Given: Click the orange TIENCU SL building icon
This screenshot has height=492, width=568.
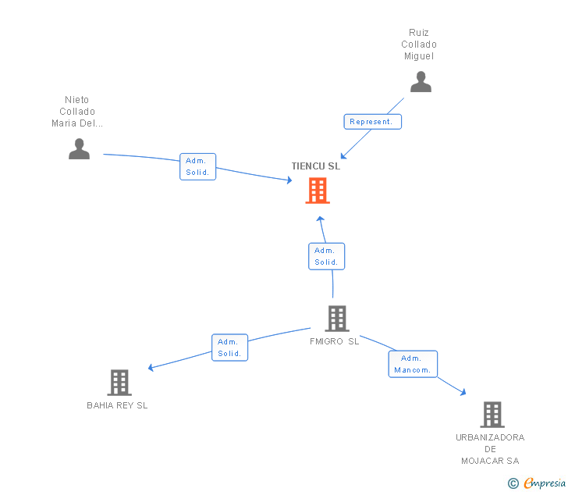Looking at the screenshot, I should [317, 191].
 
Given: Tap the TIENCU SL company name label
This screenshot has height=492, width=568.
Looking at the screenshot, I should [316, 166].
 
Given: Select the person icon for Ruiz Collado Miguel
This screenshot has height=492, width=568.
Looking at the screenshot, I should [421, 82].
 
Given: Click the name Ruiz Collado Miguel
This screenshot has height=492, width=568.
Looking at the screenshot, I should [419, 45].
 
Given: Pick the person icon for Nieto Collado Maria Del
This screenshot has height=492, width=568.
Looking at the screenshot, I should [79, 148].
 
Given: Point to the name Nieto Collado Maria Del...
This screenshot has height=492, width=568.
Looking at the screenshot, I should [77, 112].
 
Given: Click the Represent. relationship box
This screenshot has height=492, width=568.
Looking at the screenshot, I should [373, 122].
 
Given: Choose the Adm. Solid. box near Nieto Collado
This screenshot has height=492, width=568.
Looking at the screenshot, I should [197, 166].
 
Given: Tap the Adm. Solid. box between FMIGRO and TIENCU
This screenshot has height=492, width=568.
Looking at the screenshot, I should [326, 256].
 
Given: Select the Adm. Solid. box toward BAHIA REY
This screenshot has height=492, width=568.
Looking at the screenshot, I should [229, 348].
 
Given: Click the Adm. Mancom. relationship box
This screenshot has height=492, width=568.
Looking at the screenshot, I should [413, 364].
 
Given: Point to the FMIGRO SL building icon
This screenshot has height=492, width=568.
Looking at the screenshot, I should [336, 319].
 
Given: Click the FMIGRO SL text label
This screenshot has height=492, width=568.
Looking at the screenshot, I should [334, 341].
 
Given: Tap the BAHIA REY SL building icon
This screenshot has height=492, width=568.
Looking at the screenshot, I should [119, 383].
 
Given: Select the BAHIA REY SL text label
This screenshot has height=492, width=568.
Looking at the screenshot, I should [117, 405].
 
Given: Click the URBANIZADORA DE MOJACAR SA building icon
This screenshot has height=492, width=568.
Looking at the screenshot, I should [492, 415].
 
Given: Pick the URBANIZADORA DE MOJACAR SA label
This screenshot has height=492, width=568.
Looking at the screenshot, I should [490, 449].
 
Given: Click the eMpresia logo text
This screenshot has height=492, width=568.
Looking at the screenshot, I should [545, 483].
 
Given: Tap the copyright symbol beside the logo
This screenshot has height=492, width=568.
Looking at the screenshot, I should [513, 483].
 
